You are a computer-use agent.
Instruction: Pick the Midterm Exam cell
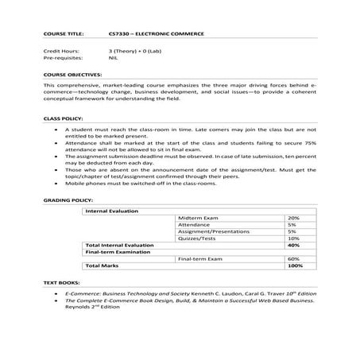click(x=196, y=218)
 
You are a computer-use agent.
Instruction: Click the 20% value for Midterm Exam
click(x=292, y=218)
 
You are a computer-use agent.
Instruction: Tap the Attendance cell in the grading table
click(x=193, y=225)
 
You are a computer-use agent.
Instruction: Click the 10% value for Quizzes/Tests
click(x=292, y=238)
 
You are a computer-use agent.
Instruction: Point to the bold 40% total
click(x=292, y=246)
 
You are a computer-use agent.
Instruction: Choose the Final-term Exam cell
click(x=199, y=259)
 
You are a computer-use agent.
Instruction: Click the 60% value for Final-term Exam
click(x=292, y=259)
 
